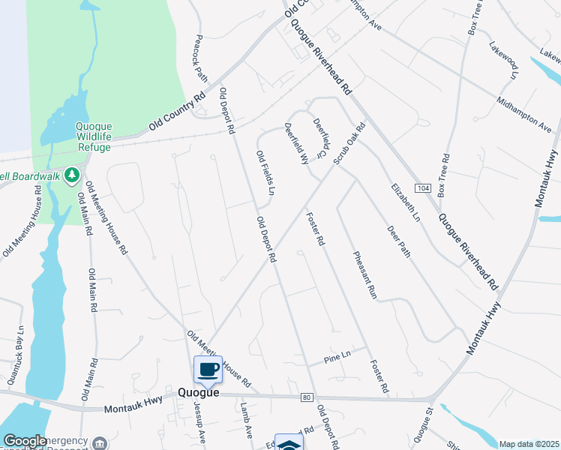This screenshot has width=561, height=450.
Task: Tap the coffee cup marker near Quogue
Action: (x=208, y=369)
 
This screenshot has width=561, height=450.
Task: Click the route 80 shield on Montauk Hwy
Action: (x=306, y=396)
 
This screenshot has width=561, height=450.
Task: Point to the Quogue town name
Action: (x=199, y=392)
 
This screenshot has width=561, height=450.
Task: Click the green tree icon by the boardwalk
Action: (x=72, y=175)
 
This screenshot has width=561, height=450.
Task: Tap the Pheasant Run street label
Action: (x=364, y=275)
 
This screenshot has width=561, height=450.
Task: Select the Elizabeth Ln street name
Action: (x=405, y=202)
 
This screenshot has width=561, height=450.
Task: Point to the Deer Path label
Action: (x=398, y=242)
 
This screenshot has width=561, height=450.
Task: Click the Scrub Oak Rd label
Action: (x=349, y=144)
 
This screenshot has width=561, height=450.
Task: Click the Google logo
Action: (x=25, y=440)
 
